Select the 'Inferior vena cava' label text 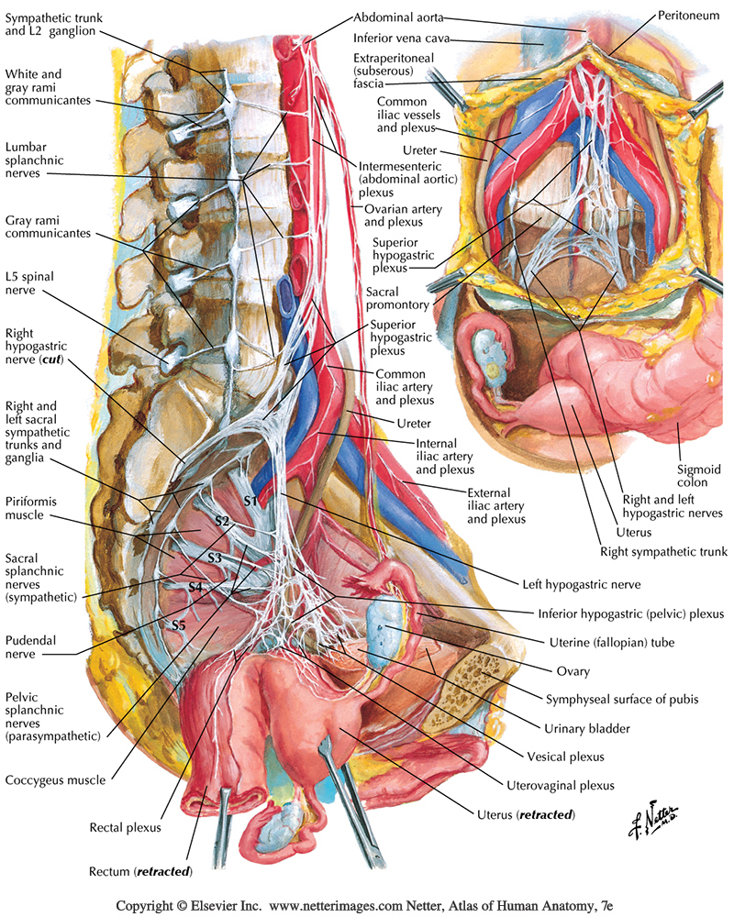[402, 39]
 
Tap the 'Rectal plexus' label [126, 827]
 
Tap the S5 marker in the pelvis [179, 625]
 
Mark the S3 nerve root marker [215, 558]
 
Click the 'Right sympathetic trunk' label [663, 552]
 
